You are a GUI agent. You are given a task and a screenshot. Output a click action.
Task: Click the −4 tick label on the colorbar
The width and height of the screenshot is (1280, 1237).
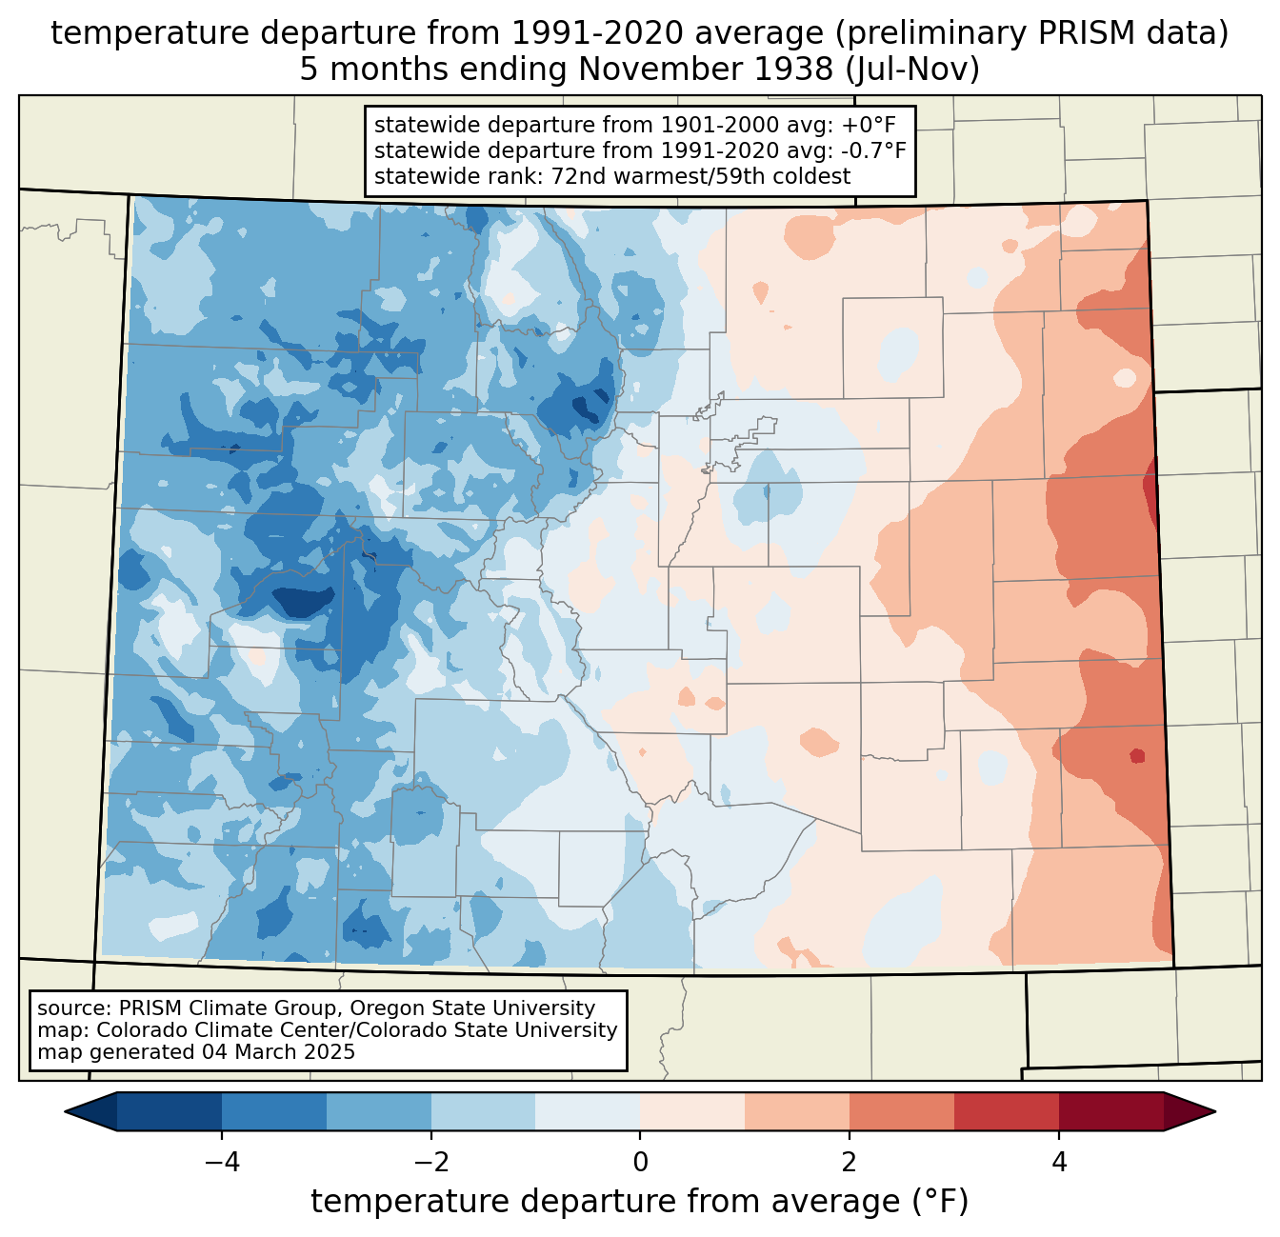222,1162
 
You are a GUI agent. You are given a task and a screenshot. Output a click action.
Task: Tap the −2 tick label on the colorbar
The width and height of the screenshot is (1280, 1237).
431,1162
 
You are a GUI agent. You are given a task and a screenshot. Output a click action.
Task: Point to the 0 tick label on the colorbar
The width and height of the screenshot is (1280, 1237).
640,1162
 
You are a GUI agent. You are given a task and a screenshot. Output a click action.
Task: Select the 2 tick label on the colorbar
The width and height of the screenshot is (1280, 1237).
850,1162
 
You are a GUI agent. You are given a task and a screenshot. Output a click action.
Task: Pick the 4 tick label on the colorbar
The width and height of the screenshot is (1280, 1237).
1059,1162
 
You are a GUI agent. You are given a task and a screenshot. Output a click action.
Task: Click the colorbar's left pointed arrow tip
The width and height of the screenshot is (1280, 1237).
65,1111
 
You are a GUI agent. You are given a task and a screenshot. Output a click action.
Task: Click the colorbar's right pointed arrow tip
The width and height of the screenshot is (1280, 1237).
1215,1111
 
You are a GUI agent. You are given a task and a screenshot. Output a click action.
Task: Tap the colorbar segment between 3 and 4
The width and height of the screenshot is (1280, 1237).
1007,1111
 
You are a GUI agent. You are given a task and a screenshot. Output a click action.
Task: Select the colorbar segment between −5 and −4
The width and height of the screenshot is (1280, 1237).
170,1111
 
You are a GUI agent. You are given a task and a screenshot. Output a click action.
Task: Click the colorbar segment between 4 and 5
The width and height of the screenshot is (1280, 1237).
1111,1111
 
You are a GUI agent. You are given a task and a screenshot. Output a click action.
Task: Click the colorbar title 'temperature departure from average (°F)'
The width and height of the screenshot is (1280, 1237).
639,1201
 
